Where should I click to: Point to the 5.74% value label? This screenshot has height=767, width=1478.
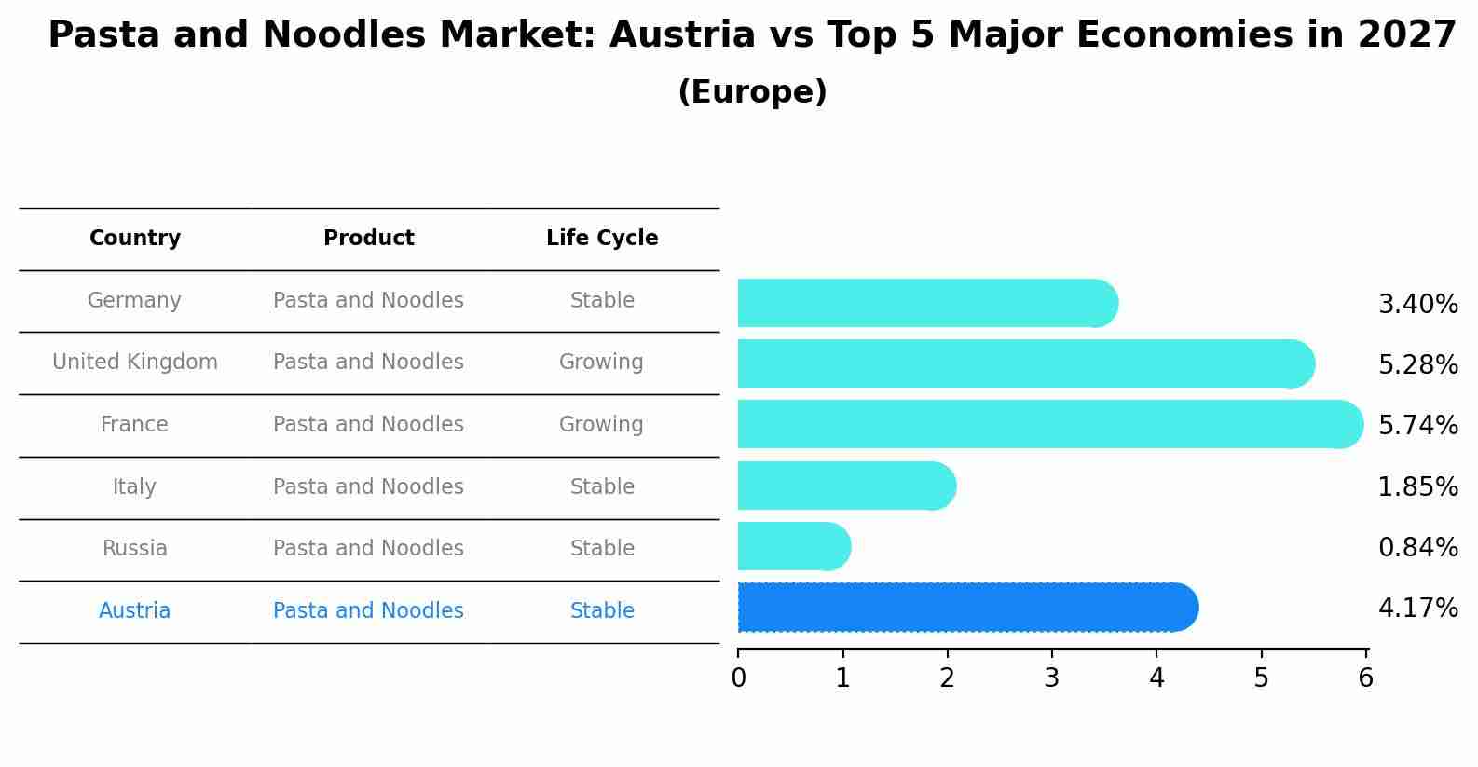(1417, 426)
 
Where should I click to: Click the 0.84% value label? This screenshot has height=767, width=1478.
(1417, 548)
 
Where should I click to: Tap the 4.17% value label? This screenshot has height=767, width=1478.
(1417, 609)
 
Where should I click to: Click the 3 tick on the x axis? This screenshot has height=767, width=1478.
(1052, 678)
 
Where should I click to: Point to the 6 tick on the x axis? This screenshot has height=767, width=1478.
(1365, 678)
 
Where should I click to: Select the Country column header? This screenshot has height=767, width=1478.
(135, 239)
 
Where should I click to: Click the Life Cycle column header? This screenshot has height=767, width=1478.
(602, 239)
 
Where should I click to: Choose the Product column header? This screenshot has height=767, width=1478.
(368, 239)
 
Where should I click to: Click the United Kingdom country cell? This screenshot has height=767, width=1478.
(135, 363)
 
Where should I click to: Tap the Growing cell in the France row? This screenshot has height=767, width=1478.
(601, 425)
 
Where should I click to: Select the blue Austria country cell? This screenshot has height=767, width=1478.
(135, 611)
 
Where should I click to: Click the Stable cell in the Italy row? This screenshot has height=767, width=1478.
(602, 487)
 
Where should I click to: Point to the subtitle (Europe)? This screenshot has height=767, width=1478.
(752, 92)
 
